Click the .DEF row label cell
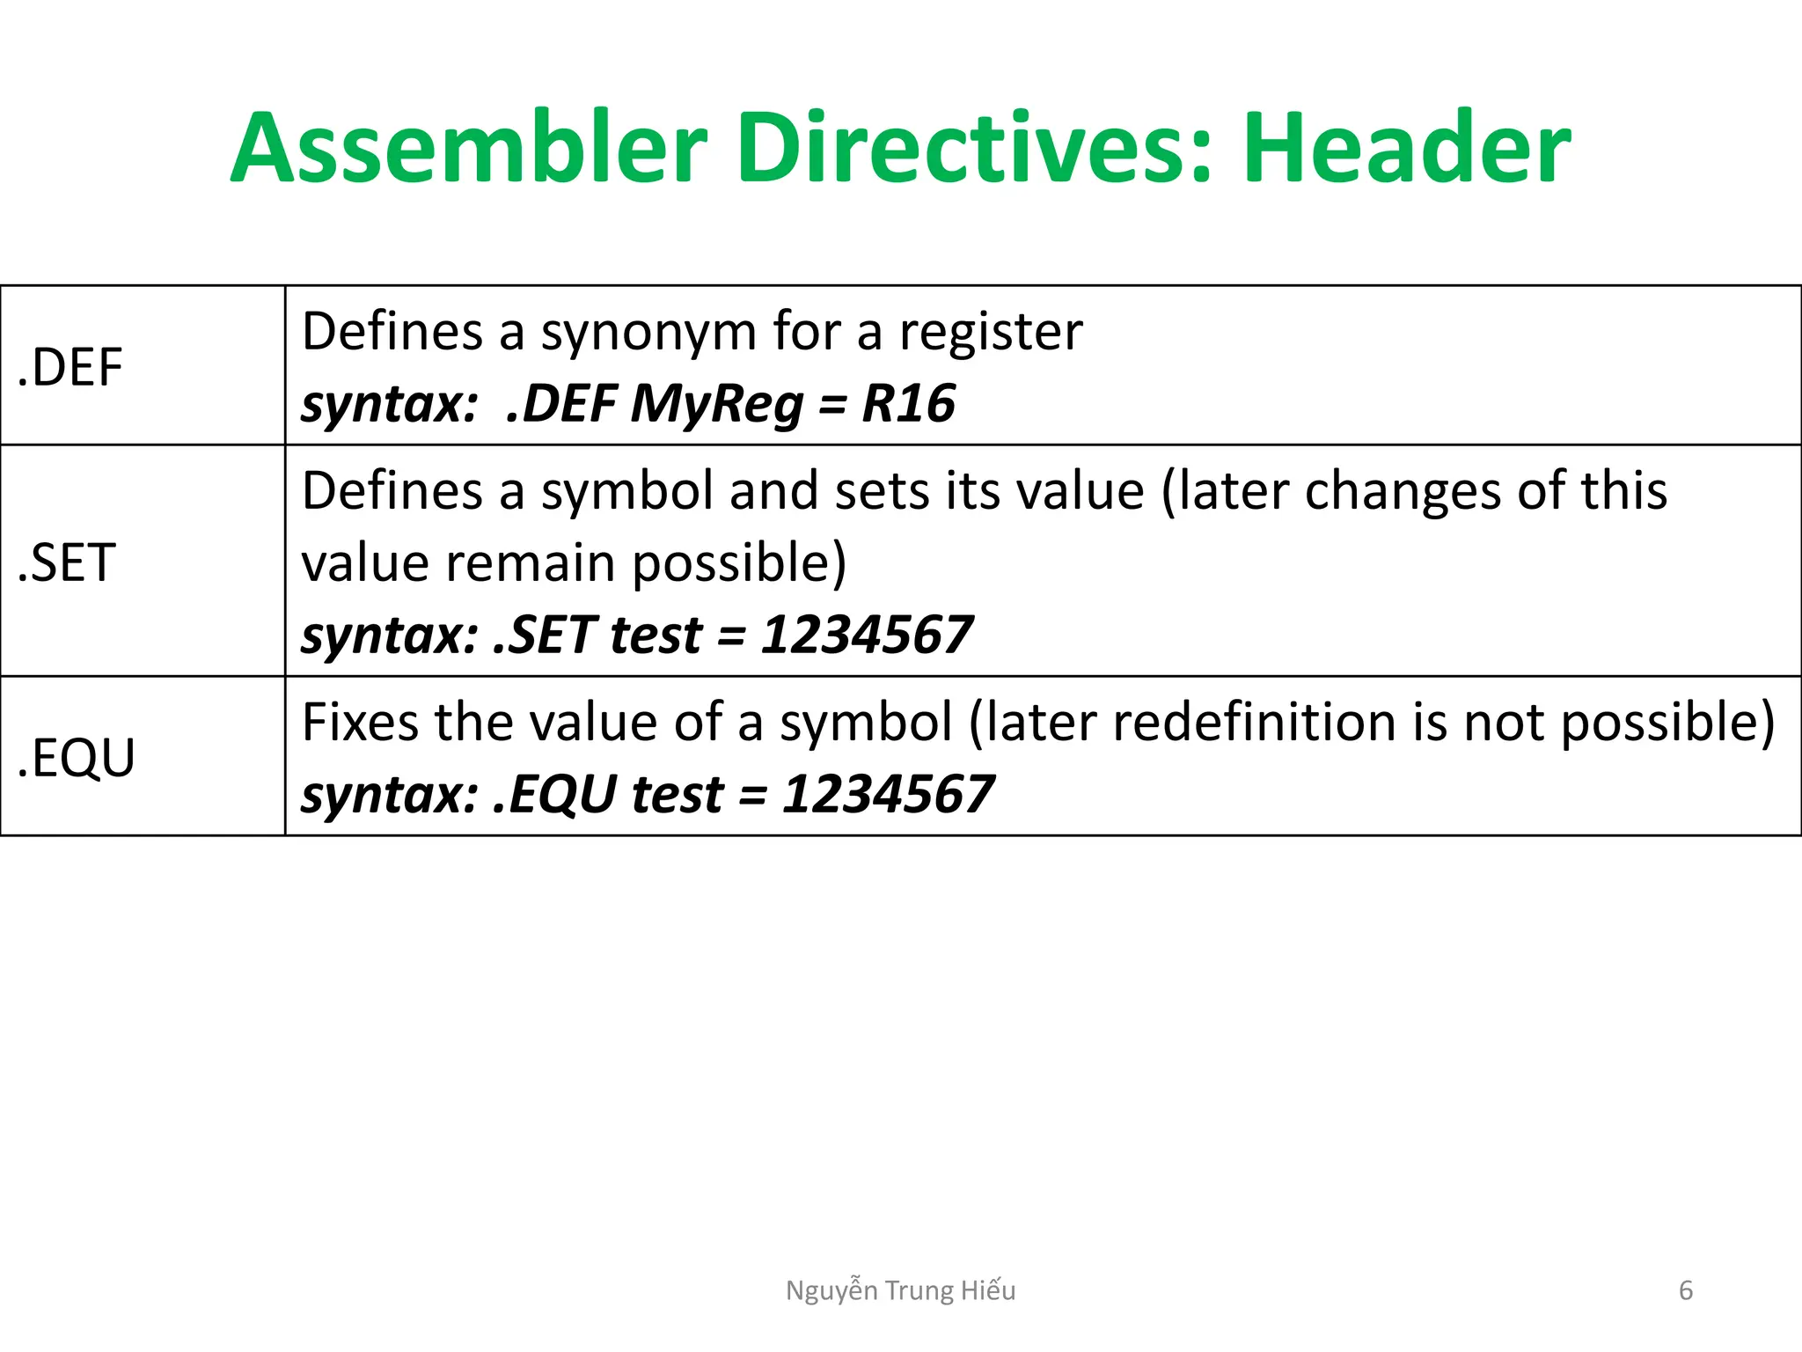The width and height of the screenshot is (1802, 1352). tap(70, 367)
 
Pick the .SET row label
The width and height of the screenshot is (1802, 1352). tap(67, 562)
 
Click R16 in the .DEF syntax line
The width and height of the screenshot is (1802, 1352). tap(908, 404)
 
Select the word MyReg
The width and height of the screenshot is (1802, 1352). tap(716, 404)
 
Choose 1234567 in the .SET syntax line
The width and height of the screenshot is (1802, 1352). tap(866, 635)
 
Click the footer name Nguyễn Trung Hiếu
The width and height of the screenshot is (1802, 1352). tap(900, 1290)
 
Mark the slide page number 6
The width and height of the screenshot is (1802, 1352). tap(1686, 1290)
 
